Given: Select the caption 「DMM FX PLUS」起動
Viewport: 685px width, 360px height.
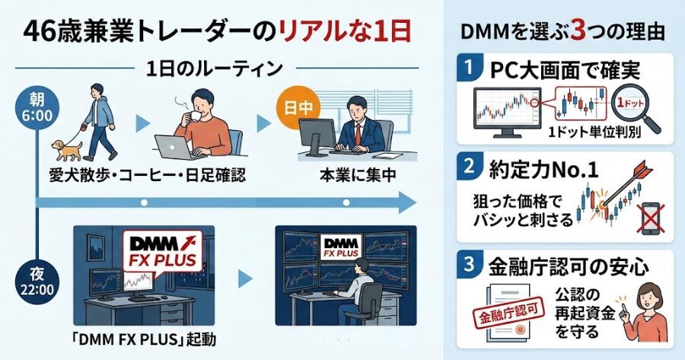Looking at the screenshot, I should click(140, 338).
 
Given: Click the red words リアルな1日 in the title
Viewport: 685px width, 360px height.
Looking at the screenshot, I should click(346, 32).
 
